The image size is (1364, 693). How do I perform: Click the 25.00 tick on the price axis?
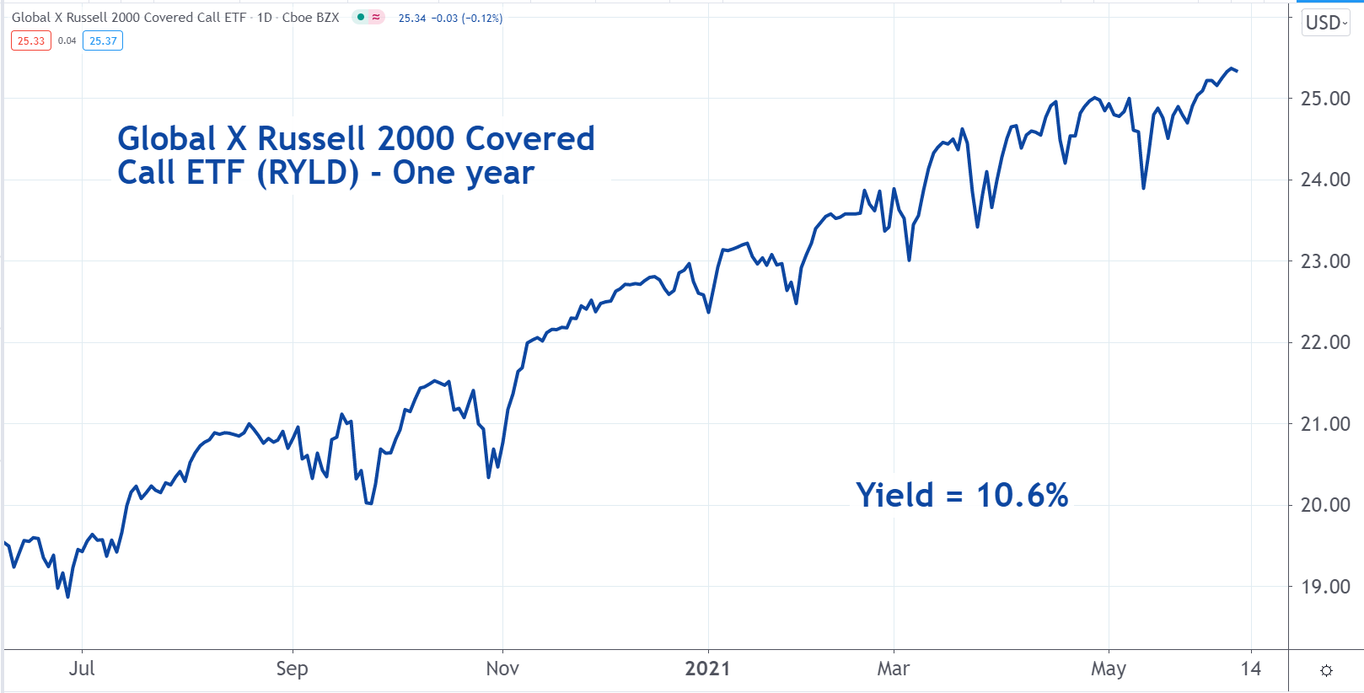click(1325, 99)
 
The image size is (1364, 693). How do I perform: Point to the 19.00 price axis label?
click(1325, 587)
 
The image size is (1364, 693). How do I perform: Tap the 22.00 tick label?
click(1325, 342)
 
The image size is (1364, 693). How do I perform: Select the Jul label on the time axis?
click(82, 669)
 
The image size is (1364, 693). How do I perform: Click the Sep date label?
click(292, 669)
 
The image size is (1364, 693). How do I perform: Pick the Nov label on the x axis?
click(502, 669)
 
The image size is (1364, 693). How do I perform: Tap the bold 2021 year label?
click(707, 669)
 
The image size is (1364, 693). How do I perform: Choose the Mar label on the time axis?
click(893, 669)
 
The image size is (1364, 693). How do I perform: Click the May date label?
click(1108, 669)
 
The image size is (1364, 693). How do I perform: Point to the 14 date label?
click(1251, 669)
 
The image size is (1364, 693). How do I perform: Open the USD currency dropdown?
click(1326, 23)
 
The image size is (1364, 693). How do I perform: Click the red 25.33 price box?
click(31, 40)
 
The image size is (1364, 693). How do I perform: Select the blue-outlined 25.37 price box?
click(103, 40)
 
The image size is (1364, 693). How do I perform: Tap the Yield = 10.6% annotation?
click(962, 495)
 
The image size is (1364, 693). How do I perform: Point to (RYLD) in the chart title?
click(308, 173)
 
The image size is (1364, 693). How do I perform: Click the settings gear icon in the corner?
click(1326, 670)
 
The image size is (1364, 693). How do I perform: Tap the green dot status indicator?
click(361, 17)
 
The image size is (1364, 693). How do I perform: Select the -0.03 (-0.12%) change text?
click(467, 18)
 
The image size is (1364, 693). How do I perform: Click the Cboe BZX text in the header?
click(310, 17)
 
